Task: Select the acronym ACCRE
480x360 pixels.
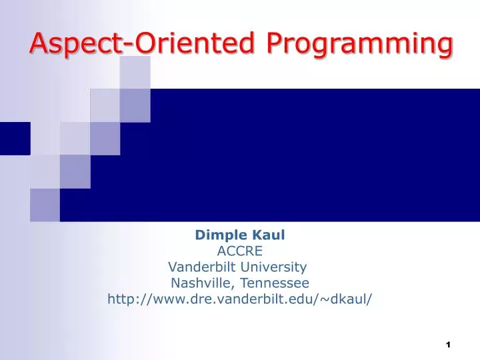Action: coord(240,251)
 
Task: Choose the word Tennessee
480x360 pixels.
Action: coord(270,283)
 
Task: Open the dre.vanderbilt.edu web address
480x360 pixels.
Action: coord(240,299)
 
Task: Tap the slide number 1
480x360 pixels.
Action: coord(449,344)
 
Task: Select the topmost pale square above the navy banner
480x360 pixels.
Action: coord(135,72)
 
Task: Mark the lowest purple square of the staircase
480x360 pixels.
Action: coord(45,205)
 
